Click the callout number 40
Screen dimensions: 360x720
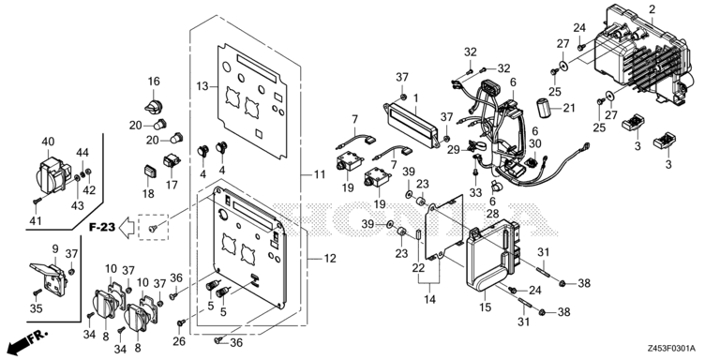(48, 142)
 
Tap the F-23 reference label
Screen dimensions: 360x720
(103, 226)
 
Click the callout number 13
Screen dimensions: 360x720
(202, 86)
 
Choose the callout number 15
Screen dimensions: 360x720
(486, 306)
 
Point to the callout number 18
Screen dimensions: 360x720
(147, 194)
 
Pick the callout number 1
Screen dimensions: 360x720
(416, 98)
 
